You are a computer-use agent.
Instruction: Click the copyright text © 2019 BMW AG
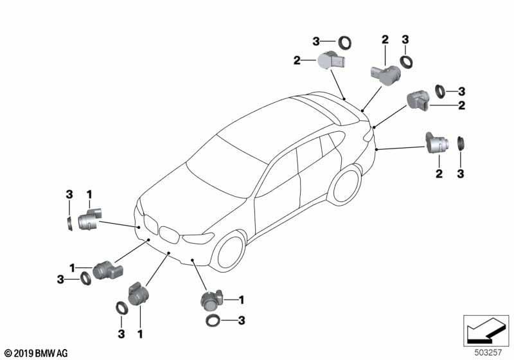click(x=37, y=353)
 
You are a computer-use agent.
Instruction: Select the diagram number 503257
click(x=488, y=352)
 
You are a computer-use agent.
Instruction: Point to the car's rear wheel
click(x=347, y=184)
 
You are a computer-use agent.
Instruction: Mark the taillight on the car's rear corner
click(x=368, y=135)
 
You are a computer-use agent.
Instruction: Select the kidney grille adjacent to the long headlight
click(x=169, y=235)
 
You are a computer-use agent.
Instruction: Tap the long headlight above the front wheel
click(x=198, y=238)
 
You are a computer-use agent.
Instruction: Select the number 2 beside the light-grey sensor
click(x=297, y=60)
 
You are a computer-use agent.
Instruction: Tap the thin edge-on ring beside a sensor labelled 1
click(x=69, y=224)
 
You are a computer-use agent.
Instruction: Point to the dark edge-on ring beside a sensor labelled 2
click(x=461, y=143)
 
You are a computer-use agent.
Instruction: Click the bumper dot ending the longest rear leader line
click(x=377, y=150)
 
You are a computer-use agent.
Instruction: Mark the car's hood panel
click(x=193, y=200)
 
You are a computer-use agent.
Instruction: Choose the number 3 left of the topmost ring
click(x=315, y=41)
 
